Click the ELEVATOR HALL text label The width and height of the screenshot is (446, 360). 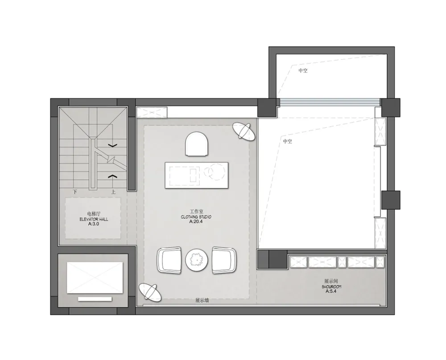tap(94, 219)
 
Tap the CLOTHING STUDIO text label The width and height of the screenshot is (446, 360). tap(196, 217)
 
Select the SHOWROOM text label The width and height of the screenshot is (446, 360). tap(331, 286)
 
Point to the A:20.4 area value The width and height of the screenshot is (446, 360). tap(196, 221)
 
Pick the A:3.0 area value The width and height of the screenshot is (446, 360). tap(94, 224)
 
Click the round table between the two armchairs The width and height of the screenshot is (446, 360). tap(197, 260)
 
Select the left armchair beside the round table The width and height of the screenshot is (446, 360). tap(169, 260)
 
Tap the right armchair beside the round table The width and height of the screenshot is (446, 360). tap(224, 260)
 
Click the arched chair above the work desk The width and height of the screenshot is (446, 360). tap(197, 144)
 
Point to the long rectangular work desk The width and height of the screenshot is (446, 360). tap(197, 175)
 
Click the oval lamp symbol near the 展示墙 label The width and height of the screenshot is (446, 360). tap(150, 292)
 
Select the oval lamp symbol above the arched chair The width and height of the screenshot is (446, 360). tap(244, 131)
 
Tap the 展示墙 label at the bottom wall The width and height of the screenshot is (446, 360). tap(202, 300)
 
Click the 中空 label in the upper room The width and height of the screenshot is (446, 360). tap(303, 70)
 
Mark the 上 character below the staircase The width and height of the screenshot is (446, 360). tap(113, 192)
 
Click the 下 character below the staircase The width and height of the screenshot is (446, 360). tap(75, 192)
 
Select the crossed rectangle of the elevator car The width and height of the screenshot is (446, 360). tap(95, 278)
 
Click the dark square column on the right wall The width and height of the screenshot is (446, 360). tap(391, 200)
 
